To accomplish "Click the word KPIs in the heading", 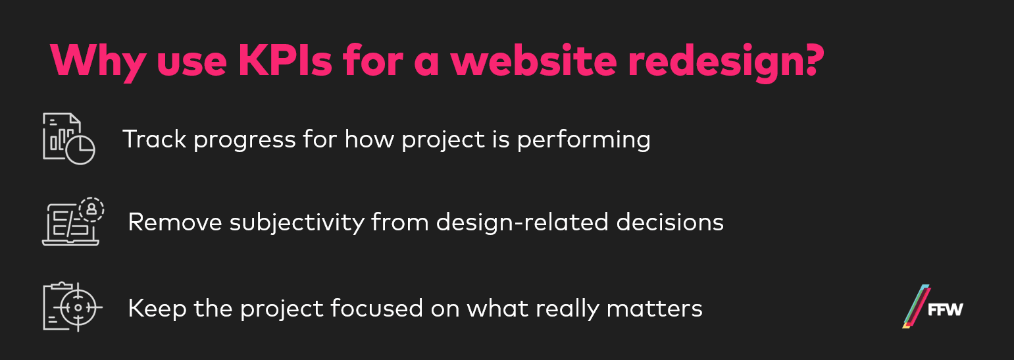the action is pos(285,61).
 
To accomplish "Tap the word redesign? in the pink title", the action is pos(725,63).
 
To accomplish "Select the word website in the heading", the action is pos(533,61).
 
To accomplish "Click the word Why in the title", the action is pos(98,63).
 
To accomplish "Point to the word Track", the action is pos(155,139).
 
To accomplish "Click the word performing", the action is pos(584,141).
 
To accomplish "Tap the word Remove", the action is pos(175,222).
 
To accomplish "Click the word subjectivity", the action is pos(297,224).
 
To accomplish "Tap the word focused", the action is pos(376,308).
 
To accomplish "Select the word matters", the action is pos(654,309).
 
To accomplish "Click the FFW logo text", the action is pos(945,310).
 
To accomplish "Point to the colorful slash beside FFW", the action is pos(916,306).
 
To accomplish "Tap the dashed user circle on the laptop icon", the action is pos(91,210).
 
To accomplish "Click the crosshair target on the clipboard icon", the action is pos(78,307).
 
